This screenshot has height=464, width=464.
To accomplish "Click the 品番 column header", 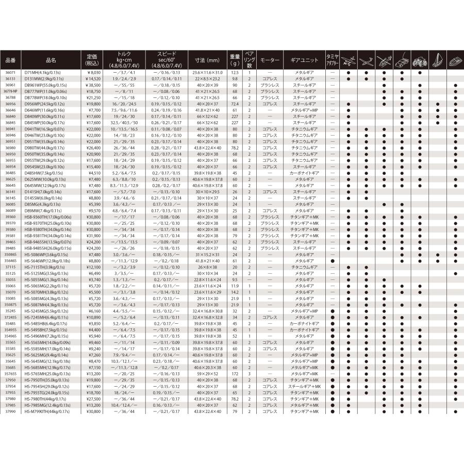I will click(x=10, y=60).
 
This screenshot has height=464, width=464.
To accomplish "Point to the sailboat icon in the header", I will click(x=438, y=59).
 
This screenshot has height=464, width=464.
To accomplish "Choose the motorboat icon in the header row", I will click(x=455, y=60).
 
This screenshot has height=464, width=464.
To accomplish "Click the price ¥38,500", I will click(x=92, y=85).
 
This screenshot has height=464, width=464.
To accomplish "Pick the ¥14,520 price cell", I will click(x=92, y=78).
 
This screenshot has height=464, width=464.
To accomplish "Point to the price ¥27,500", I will click(x=92, y=399).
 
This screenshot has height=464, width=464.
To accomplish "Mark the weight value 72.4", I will click(x=235, y=103).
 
